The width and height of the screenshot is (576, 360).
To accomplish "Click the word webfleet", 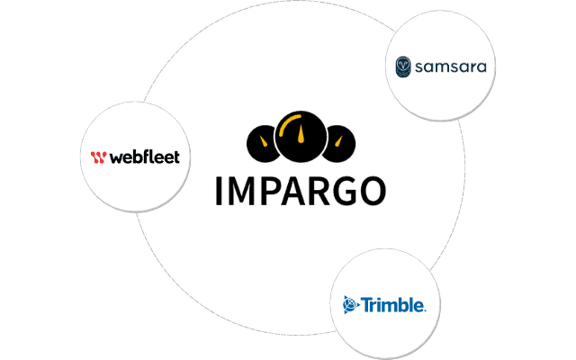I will tap(145, 157).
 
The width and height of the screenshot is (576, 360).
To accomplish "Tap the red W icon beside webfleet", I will tap(99, 157).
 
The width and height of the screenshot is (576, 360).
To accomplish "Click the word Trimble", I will tap(393, 305).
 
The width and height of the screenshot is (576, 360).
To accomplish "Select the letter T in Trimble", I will tap(367, 305).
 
